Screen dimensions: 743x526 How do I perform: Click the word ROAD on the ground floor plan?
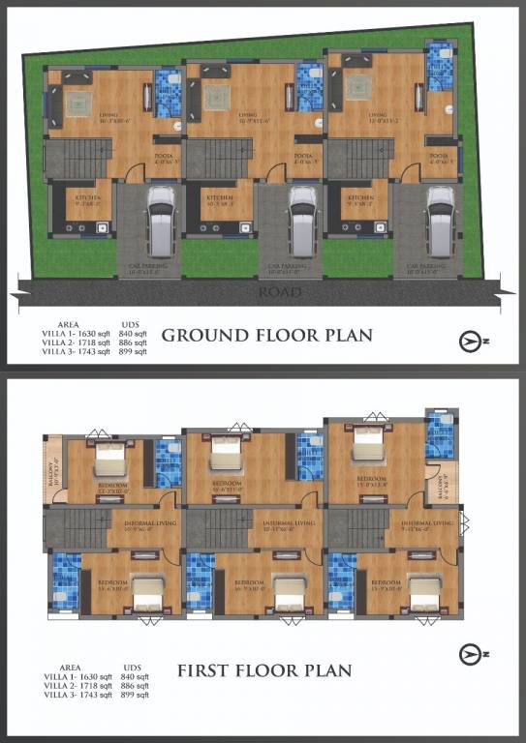pos(280,291)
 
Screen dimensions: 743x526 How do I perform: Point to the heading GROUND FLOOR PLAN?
pos(266,336)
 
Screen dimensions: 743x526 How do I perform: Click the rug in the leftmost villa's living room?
pos(77,99)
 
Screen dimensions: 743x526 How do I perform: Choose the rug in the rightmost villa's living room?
pos(362,88)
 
